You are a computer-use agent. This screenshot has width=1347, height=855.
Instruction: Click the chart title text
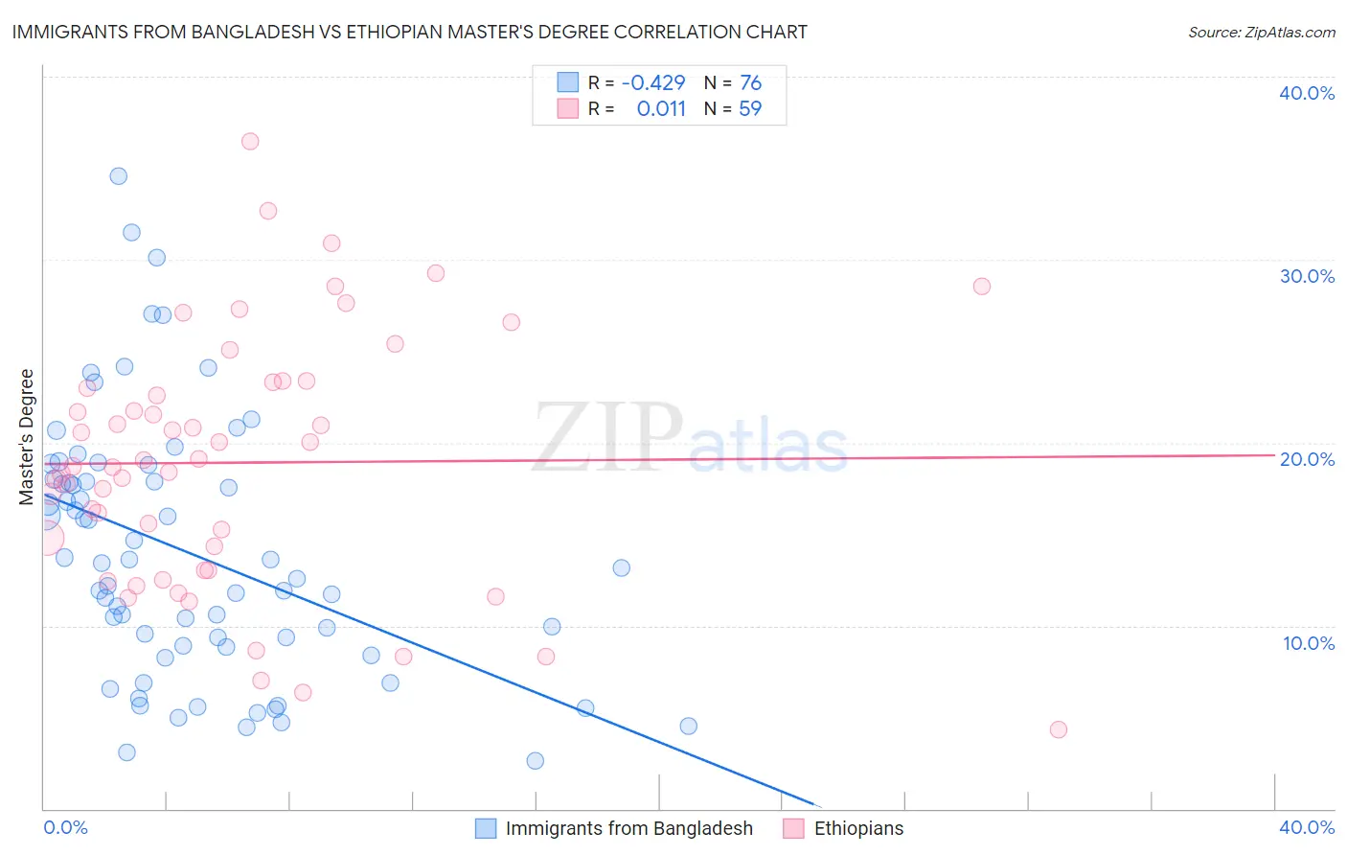tap(409, 32)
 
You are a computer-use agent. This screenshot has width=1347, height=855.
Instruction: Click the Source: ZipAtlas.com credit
tap(1261, 33)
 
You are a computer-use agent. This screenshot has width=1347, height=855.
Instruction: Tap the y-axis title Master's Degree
tap(27, 436)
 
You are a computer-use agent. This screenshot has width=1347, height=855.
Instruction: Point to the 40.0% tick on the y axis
tap(1307, 93)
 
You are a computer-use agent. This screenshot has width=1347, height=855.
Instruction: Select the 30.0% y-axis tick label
tap(1307, 276)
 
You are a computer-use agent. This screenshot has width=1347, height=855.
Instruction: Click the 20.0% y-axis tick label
tap(1307, 459)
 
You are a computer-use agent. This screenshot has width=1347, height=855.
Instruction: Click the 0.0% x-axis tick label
tap(65, 828)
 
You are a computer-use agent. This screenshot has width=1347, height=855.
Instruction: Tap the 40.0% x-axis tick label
tap(1307, 828)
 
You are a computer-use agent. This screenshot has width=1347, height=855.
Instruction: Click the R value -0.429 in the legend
tap(653, 83)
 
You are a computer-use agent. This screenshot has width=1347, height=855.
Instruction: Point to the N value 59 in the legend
tap(750, 109)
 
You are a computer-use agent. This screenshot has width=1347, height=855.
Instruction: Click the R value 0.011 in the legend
tap(661, 109)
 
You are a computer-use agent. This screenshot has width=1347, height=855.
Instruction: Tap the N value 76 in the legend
tap(750, 83)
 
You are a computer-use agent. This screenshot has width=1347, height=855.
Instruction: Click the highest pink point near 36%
tap(250, 142)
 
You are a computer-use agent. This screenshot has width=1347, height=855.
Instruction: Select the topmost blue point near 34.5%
tap(119, 176)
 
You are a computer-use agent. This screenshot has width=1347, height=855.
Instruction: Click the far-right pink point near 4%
tap(1059, 729)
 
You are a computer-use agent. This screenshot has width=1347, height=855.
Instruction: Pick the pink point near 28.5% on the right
tap(982, 287)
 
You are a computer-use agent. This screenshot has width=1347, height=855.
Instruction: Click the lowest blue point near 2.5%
tap(536, 761)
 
